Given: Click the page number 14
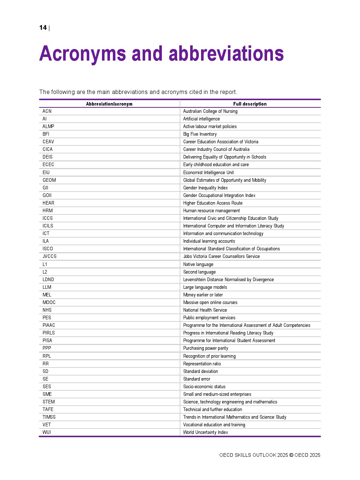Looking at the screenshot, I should [x=43, y=28].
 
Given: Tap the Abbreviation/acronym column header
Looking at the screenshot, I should [x=109, y=104].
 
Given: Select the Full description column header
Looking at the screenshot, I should [x=250, y=104].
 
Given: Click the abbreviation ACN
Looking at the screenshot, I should [x=47, y=111].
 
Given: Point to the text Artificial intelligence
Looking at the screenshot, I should [x=201, y=119].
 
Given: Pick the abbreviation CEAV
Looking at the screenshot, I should [x=48, y=142].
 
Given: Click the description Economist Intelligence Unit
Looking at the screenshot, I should [x=208, y=173].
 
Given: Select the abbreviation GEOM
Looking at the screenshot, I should [x=49, y=180].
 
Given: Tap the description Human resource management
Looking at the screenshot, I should [x=211, y=211].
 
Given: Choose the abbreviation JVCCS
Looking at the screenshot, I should [x=49, y=257].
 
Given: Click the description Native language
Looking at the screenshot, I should [x=198, y=264].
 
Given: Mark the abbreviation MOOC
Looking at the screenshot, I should [x=49, y=303].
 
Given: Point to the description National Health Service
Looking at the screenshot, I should [x=205, y=310].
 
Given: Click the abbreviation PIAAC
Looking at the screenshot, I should [x=49, y=325].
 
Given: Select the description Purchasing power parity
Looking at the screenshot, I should [x=205, y=348].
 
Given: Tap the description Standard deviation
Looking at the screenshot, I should [x=200, y=372].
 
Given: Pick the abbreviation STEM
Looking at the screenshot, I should [x=49, y=402].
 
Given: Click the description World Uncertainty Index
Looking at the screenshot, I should [x=205, y=432].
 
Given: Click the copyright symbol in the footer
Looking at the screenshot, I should [x=291, y=455].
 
